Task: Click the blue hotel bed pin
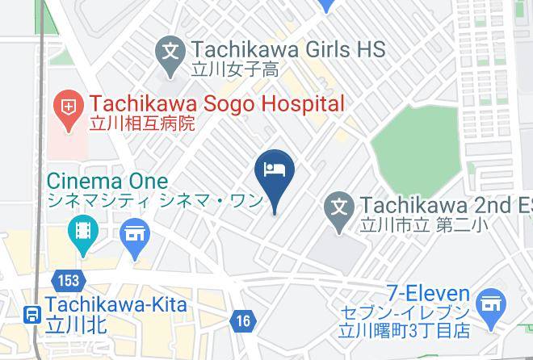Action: [274, 171]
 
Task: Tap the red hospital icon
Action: [69, 106]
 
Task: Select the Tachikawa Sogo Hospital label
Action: [216, 104]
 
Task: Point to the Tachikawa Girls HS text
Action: [287, 50]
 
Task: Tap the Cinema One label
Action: [107, 181]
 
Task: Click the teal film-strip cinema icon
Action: [83, 230]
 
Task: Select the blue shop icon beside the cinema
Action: [134, 236]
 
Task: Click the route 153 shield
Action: [68, 281]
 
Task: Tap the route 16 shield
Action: [243, 321]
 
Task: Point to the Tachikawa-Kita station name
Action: [116, 305]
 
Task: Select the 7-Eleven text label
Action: [427, 292]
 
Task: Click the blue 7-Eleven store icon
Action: [489, 304]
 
